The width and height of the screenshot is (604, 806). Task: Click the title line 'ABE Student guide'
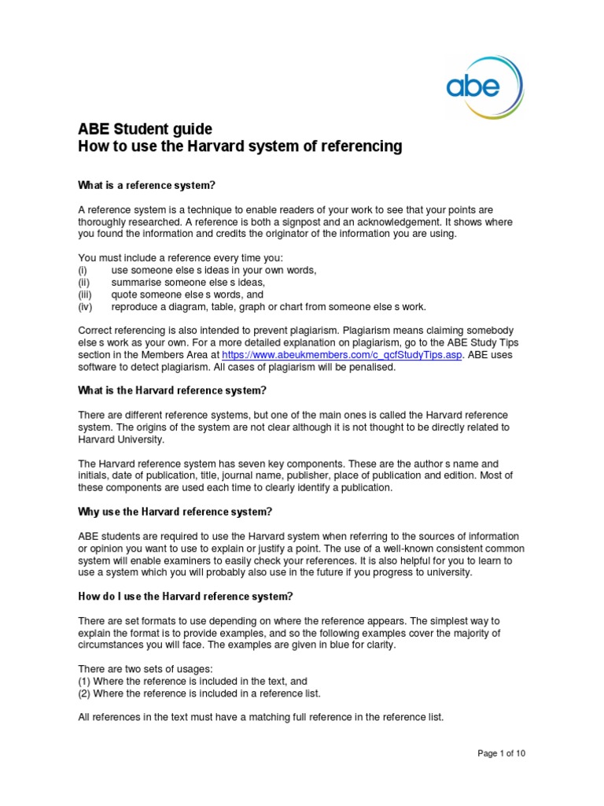tap(145, 129)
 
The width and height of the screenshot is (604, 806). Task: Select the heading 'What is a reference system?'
tap(146, 186)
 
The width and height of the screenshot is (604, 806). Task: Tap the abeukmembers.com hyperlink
tap(329, 355)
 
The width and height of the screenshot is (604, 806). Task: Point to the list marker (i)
tap(83, 270)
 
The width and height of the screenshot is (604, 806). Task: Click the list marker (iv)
tap(84, 307)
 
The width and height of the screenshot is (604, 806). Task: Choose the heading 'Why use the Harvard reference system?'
tap(175, 512)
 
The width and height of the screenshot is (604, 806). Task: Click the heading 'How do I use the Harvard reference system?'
tap(186, 595)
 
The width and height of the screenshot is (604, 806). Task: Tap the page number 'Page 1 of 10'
tap(501, 753)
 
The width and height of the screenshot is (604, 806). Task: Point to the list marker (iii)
tap(84, 294)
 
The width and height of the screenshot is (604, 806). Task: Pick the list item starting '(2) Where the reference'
tap(200, 693)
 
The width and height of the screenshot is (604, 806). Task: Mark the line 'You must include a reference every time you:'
tap(179, 257)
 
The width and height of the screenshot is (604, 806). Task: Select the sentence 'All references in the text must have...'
tap(261, 717)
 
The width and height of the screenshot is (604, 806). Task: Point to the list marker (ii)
tap(83, 282)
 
